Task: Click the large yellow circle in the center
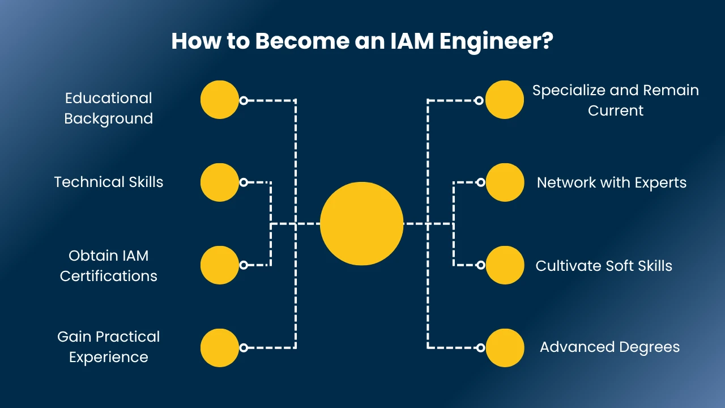[x=361, y=224]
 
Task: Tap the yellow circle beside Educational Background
[x=220, y=100]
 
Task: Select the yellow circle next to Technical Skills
[x=220, y=182]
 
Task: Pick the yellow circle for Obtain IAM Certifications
[x=220, y=265]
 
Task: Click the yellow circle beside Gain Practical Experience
[x=220, y=347]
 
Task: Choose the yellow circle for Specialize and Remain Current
[x=505, y=100]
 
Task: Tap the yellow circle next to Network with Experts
[x=505, y=182]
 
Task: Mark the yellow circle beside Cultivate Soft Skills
[x=505, y=265]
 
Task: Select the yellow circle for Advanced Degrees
[x=505, y=347]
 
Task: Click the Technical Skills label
[x=109, y=182]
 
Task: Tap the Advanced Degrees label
[x=609, y=347]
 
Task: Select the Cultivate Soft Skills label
[x=604, y=266]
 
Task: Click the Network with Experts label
[x=612, y=182]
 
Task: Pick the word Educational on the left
[x=109, y=98]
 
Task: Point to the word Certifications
[x=109, y=276]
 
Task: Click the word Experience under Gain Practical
[x=109, y=358]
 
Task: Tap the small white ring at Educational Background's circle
[x=244, y=100]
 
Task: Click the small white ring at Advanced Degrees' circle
[x=480, y=347]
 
